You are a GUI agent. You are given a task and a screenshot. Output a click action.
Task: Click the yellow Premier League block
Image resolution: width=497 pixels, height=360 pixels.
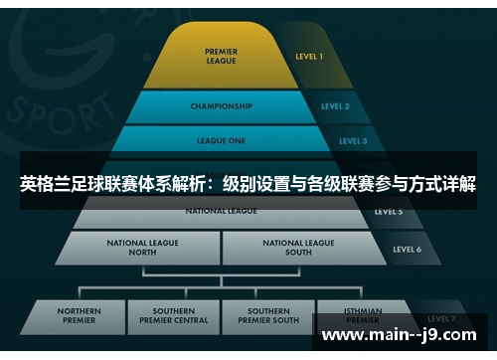pos(221,56)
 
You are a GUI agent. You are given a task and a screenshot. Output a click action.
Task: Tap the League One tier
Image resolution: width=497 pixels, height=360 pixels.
pos(221,140)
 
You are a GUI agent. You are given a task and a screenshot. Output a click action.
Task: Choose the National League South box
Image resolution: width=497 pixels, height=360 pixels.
pos(298,247)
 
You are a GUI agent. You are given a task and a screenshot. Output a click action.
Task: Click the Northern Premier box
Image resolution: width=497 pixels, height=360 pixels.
pos(79,316)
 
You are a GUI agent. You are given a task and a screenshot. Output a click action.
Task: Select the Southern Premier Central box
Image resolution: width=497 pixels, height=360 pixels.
pos(180,316)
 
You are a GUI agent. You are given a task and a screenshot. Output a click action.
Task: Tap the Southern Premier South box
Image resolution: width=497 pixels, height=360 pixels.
pos(267,316)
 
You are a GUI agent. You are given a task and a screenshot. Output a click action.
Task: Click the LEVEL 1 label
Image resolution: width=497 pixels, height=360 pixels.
pos(308,57)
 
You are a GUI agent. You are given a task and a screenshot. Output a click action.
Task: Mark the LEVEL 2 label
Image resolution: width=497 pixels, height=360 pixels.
pos(335,106)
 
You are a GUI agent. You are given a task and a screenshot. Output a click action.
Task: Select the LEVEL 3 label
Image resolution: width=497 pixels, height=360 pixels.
pos(352,141)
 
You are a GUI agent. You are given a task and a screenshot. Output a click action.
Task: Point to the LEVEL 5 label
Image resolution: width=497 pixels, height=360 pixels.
pos(388,212)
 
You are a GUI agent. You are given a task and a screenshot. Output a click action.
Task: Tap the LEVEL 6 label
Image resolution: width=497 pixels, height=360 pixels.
pos(406,249)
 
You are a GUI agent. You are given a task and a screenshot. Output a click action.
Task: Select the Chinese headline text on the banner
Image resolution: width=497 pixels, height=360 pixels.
pos(248,184)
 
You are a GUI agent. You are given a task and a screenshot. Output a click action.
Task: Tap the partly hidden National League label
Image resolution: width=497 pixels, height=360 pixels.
pos(221,211)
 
